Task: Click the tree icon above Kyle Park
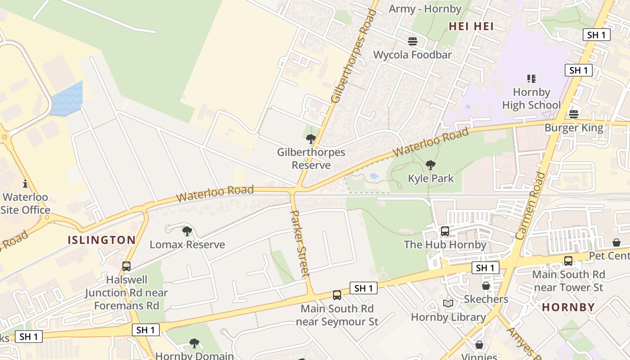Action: click(x=431, y=165)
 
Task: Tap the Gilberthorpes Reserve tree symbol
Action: click(x=310, y=139)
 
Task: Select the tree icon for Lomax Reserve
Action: click(x=187, y=231)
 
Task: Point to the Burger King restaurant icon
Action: click(x=573, y=114)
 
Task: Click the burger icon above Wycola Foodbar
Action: click(x=413, y=41)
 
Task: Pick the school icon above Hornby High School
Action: click(x=531, y=79)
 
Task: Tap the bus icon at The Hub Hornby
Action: click(x=445, y=231)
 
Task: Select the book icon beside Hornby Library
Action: click(x=448, y=304)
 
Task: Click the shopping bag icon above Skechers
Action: click(x=486, y=286)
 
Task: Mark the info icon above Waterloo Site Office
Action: click(x=25, y=184)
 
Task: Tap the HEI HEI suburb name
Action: click(x=471, y=27)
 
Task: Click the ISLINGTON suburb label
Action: click(x=102, y=240)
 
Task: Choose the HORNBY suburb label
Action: click(x=568, y=307)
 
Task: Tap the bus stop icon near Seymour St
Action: click(x=337, y=295)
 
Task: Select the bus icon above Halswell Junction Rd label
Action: click(x=126, y=266)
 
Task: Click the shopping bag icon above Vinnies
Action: click(x=479, y=345)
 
